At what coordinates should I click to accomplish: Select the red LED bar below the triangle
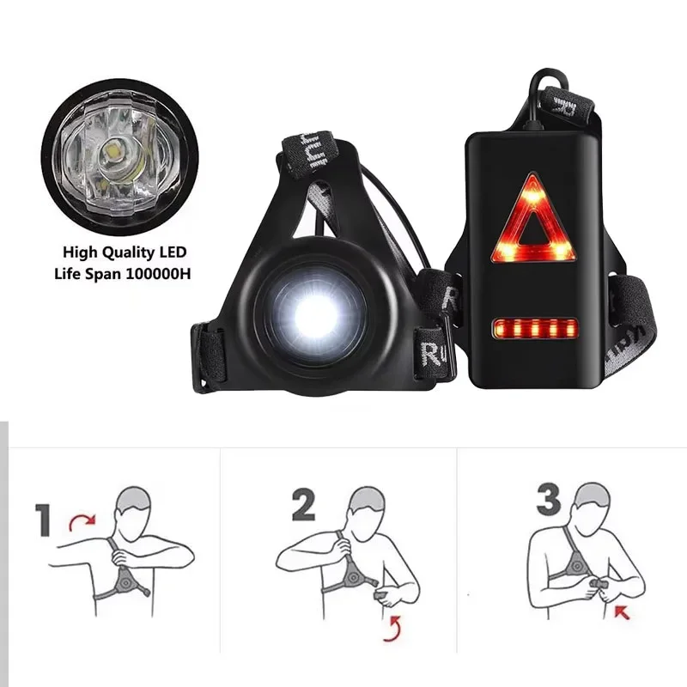(532, 328)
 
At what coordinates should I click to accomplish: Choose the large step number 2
(302, 508)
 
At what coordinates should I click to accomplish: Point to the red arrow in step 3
(621, 612)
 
